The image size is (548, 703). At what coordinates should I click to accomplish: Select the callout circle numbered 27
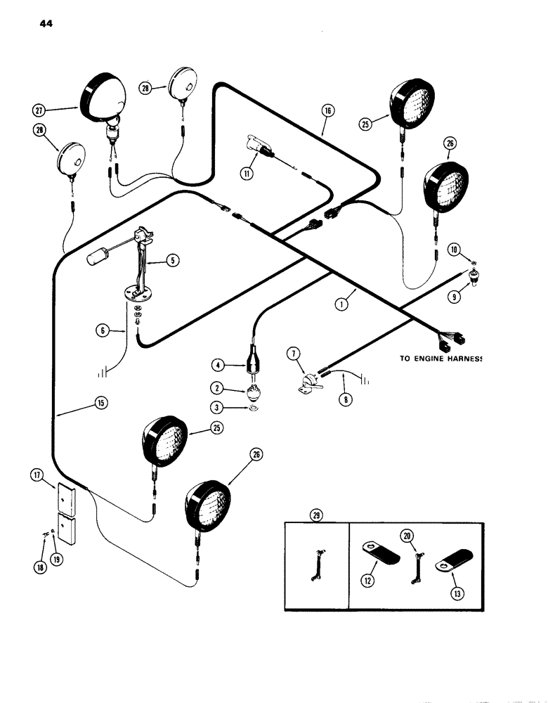click(x=38, y=110)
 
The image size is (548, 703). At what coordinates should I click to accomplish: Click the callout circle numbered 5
click(x=173, y=259)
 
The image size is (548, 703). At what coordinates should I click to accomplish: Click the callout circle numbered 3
click(x=218, y=406)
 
